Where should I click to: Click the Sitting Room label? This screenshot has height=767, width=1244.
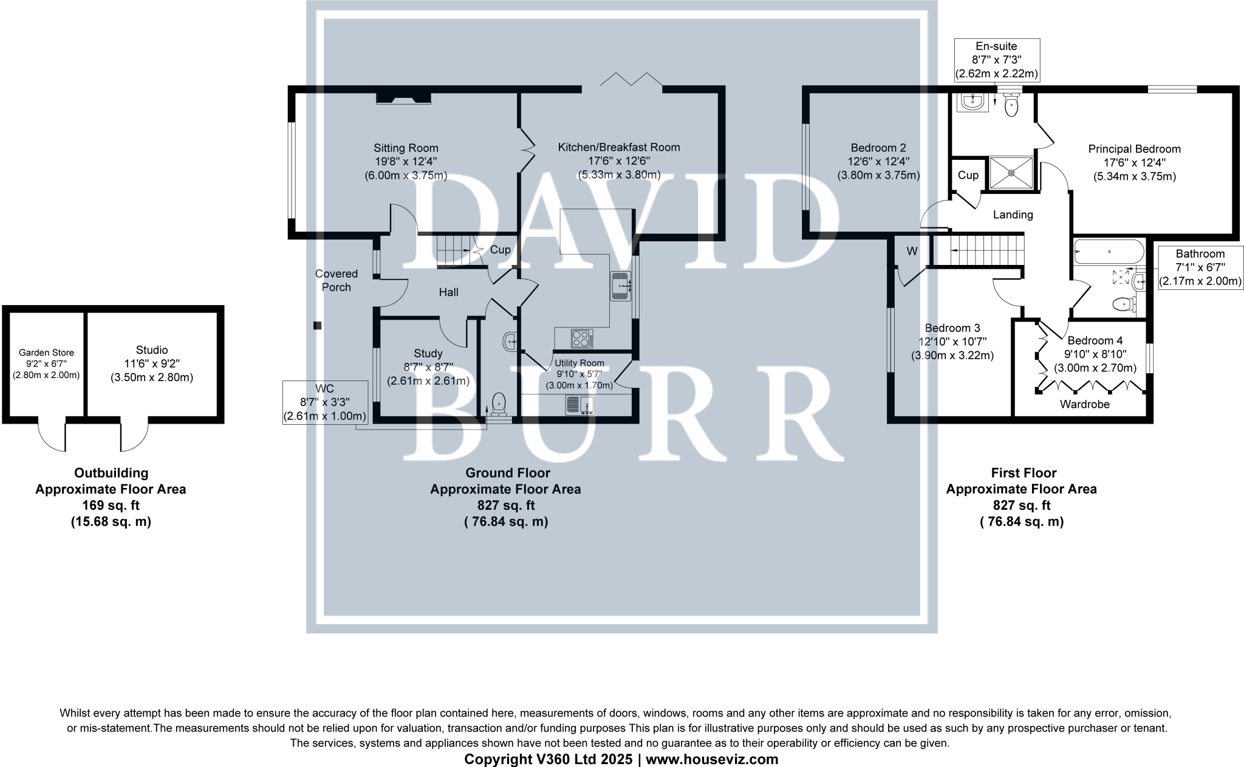click(405, 148)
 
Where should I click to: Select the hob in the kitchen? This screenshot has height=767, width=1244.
click(582, 338)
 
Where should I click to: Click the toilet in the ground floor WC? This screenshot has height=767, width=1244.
click(499, 402)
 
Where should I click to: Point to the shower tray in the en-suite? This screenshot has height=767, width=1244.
click(1011, 173)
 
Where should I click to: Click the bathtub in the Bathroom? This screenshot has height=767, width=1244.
click(1109, 252)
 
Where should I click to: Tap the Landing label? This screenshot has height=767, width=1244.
click(1013, 215)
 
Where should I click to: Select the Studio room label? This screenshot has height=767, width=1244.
click(151, 350)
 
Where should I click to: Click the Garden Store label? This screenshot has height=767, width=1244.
click(46, 353)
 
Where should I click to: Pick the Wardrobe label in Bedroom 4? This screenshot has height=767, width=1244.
click(1084, 404)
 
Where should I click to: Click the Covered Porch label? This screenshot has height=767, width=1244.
click(336, 280)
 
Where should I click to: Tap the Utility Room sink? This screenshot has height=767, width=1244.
click(580, 405)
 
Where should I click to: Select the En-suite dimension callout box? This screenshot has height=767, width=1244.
click(996, 60)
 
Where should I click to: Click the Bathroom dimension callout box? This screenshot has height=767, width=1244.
click(1200, 267)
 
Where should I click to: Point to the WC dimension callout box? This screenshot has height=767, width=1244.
click(325, 402)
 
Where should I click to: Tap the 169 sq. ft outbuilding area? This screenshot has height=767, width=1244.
click(111, 505)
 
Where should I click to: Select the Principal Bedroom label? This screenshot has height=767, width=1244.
click(1134, 149)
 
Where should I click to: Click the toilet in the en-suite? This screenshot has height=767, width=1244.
click(1011, 106)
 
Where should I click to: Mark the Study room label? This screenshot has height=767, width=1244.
click(428, 353)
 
